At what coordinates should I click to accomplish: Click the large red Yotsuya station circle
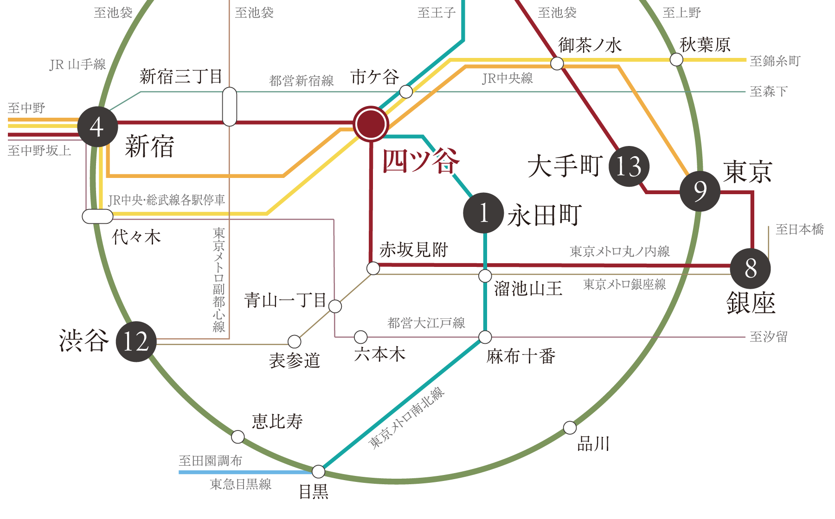[371, 124]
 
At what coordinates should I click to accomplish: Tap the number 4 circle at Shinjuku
[97, 127]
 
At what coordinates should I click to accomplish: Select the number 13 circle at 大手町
[629, 166]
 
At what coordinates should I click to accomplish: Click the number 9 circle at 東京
[700, 191]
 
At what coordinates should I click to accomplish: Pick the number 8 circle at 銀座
[750, 268]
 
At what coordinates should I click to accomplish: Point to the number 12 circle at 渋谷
[136, 342]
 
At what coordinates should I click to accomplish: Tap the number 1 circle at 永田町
[483, 213]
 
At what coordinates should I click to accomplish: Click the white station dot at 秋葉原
[676, 59]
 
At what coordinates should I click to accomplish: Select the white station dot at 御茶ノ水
[557, 63]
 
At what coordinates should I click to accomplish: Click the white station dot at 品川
[570, 427]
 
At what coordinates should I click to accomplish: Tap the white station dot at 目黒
[318, 471]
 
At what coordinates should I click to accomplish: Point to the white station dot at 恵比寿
[238, 437]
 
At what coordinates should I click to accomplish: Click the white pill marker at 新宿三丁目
[229, 107]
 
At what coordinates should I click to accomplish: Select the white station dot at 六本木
[360, 337]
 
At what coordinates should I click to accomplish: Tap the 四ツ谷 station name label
[421, 161]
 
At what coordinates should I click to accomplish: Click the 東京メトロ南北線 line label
[406, 418]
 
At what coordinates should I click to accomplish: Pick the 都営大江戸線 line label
[426, 323]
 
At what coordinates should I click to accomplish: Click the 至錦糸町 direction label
[775, 61]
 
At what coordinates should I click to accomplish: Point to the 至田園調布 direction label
[210, 461]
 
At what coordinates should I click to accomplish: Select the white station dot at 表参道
[294, 342]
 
